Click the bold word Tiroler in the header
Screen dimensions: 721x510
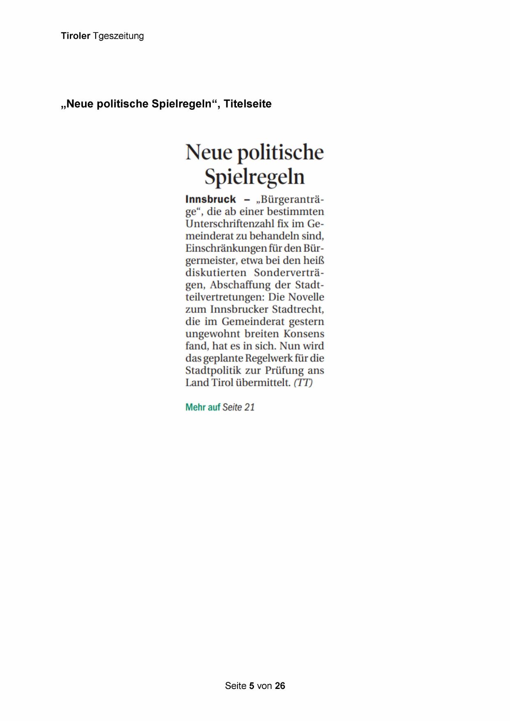point(76,36)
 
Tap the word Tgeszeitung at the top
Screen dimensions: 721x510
point(118,36)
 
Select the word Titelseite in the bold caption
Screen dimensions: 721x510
point(247,104)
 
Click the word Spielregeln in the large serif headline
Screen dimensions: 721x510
point(255,177)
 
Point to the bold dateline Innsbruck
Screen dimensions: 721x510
point(210,199)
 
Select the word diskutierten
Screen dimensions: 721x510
point(216,273)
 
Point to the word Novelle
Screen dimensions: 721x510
point(306,297)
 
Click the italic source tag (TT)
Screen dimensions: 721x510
point(303,382)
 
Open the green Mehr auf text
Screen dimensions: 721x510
point(203,407)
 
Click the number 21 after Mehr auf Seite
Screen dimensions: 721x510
point(249,407)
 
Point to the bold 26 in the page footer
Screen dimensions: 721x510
point(280,686)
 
